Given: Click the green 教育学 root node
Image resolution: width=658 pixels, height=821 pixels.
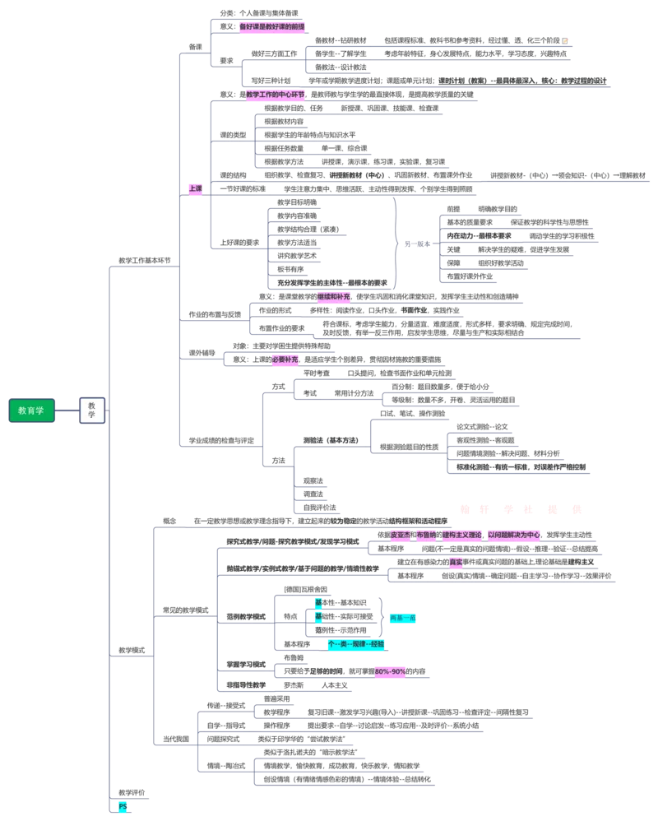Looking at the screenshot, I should pos(31,410).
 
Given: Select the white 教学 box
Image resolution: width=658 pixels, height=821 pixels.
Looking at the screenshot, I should pos(92,410).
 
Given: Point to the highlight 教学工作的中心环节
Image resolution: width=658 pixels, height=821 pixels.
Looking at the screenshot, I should pos(275,95).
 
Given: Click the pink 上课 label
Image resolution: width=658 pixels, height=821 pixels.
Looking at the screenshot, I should pos(195,188).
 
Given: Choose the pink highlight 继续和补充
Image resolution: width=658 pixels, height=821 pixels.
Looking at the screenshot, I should pos(333,296).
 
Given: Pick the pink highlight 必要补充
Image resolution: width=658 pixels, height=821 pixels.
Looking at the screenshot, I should pos(285,359).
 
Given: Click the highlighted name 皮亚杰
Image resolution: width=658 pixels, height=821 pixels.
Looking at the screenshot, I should pos(399,535).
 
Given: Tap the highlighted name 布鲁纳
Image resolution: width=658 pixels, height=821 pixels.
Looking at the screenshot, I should pos(425,535).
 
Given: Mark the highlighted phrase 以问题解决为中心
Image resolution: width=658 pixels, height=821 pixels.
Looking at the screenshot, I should pos(515,535).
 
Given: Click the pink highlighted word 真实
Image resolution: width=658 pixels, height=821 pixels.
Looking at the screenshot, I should pos(455,563).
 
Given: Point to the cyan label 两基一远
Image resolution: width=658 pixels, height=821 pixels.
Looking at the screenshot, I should pos(404,618).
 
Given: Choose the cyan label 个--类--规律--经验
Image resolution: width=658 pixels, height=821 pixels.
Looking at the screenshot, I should pos(355,644).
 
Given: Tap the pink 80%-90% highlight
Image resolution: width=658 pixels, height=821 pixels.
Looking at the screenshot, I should pos(391,672).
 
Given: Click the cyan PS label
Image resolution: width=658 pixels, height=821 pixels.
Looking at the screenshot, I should pos(123,807).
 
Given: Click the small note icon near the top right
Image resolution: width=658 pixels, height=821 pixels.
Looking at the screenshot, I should pos(565,40).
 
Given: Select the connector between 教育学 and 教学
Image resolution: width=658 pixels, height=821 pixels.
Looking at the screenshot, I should pos(67,410).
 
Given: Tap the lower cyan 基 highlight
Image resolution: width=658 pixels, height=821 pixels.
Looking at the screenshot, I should pos(318,617).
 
